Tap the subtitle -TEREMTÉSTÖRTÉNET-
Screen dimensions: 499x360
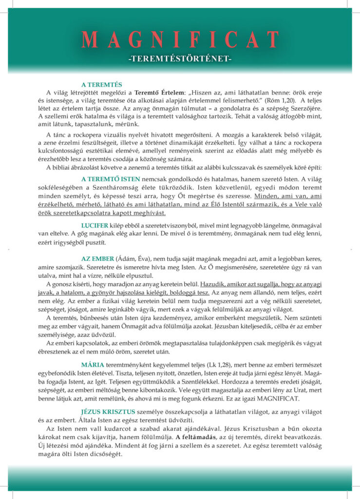click(180, 59)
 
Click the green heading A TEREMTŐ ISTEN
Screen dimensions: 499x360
click(111, 178)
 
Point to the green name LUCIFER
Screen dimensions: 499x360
click(95, 226)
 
